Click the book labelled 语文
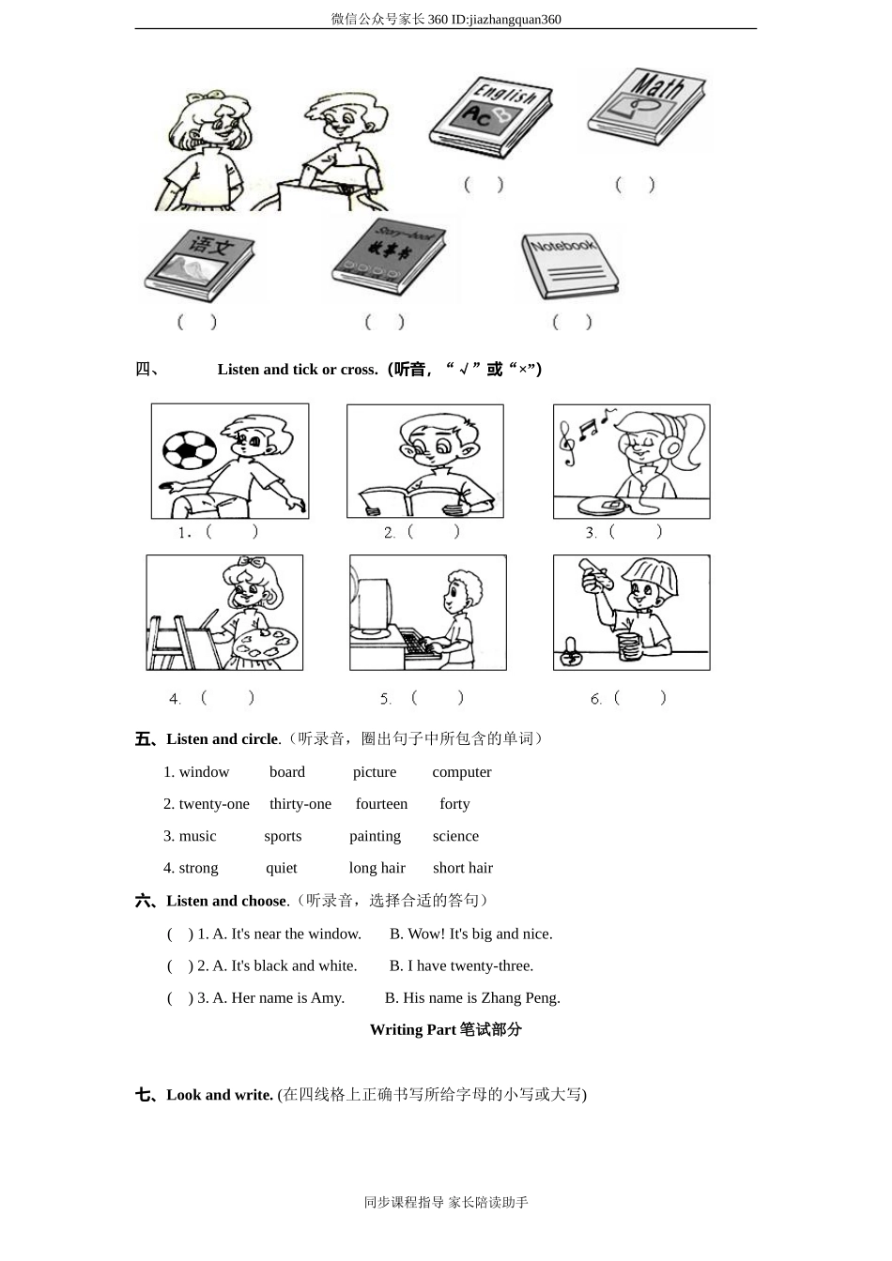(198, 262)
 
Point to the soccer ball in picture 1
(190, 449)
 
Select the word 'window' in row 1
(204, 772)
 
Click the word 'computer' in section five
(461, 772)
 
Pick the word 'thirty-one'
(300, 804)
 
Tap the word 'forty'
(454, 804)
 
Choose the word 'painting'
(375, 836)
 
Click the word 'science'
(455, 836)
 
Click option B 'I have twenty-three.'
(461, 965)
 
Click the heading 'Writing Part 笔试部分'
(445, 1029)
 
